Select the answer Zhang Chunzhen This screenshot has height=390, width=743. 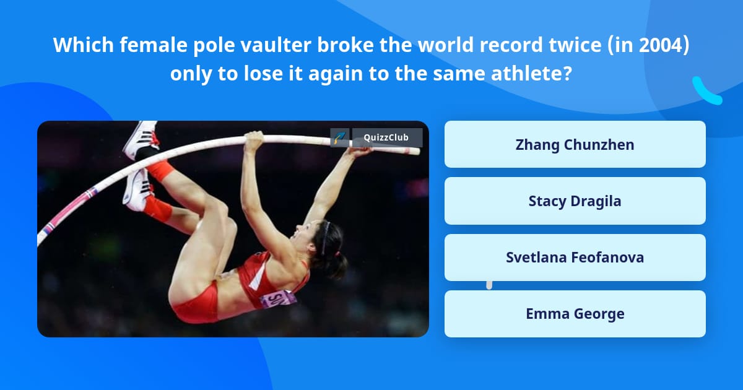pos(575,144)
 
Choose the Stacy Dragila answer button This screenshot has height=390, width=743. pos(575,201)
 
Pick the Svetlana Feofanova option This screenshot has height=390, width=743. pos(575,258)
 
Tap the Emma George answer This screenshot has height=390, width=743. pos(575,314)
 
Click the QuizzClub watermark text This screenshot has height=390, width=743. pos(386,137)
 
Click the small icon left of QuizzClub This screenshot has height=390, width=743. pos(340,137)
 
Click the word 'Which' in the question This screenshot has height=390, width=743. pos(81,45)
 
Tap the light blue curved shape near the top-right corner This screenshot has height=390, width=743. pos(706,91)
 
